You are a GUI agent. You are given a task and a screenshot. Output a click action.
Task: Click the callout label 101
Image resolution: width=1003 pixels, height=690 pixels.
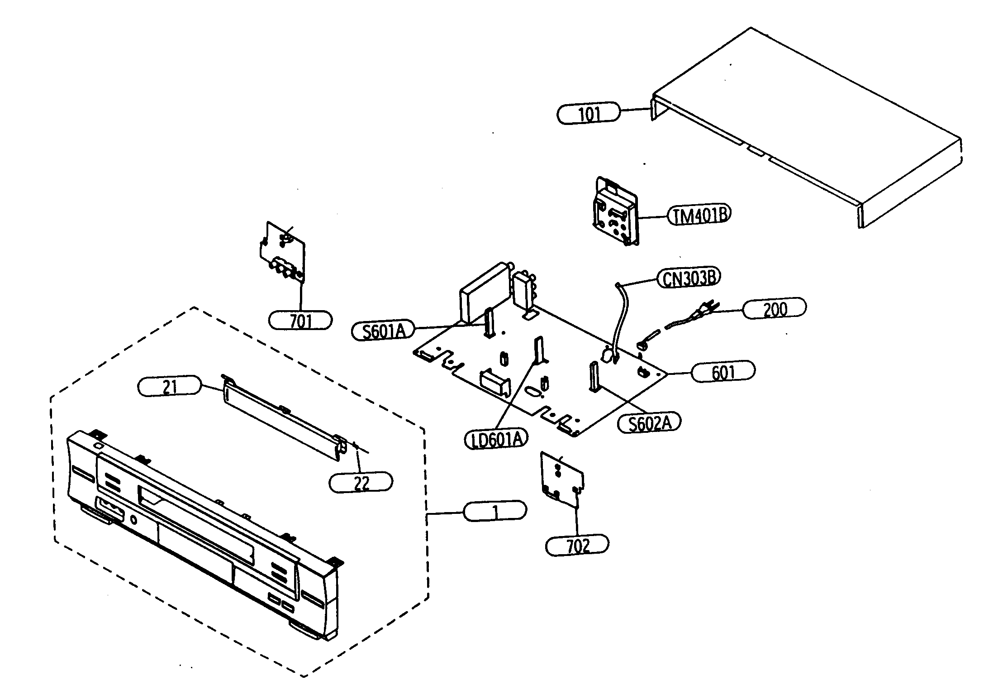(x=588, y=113)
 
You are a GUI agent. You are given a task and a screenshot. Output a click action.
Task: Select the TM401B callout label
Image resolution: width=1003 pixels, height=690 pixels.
(x=699, y=215)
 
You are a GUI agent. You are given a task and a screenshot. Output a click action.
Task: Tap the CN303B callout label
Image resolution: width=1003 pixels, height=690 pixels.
(x=689, y=278)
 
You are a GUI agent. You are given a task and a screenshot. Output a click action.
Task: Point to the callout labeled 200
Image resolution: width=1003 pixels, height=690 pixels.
(x=774, y=309)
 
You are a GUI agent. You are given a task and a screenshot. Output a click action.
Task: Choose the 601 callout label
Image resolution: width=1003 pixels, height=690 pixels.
(x=723, y=372)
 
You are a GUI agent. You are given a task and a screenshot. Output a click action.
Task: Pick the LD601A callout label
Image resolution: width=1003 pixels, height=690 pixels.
(x=496, y=439)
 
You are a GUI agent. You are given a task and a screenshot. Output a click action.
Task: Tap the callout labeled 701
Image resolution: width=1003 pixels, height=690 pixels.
(x=300, y=321)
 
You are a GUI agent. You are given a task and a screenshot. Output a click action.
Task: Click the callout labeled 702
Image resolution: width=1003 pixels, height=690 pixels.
(x=577, y=546)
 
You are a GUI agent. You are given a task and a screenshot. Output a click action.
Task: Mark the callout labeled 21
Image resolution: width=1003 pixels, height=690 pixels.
(x=169, y=386)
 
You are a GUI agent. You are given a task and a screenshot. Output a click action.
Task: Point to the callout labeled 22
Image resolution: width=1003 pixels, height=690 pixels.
(x=361, y=483)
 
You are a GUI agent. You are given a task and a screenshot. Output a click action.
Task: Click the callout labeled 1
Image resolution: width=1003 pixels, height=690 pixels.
(x=495, y=512)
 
